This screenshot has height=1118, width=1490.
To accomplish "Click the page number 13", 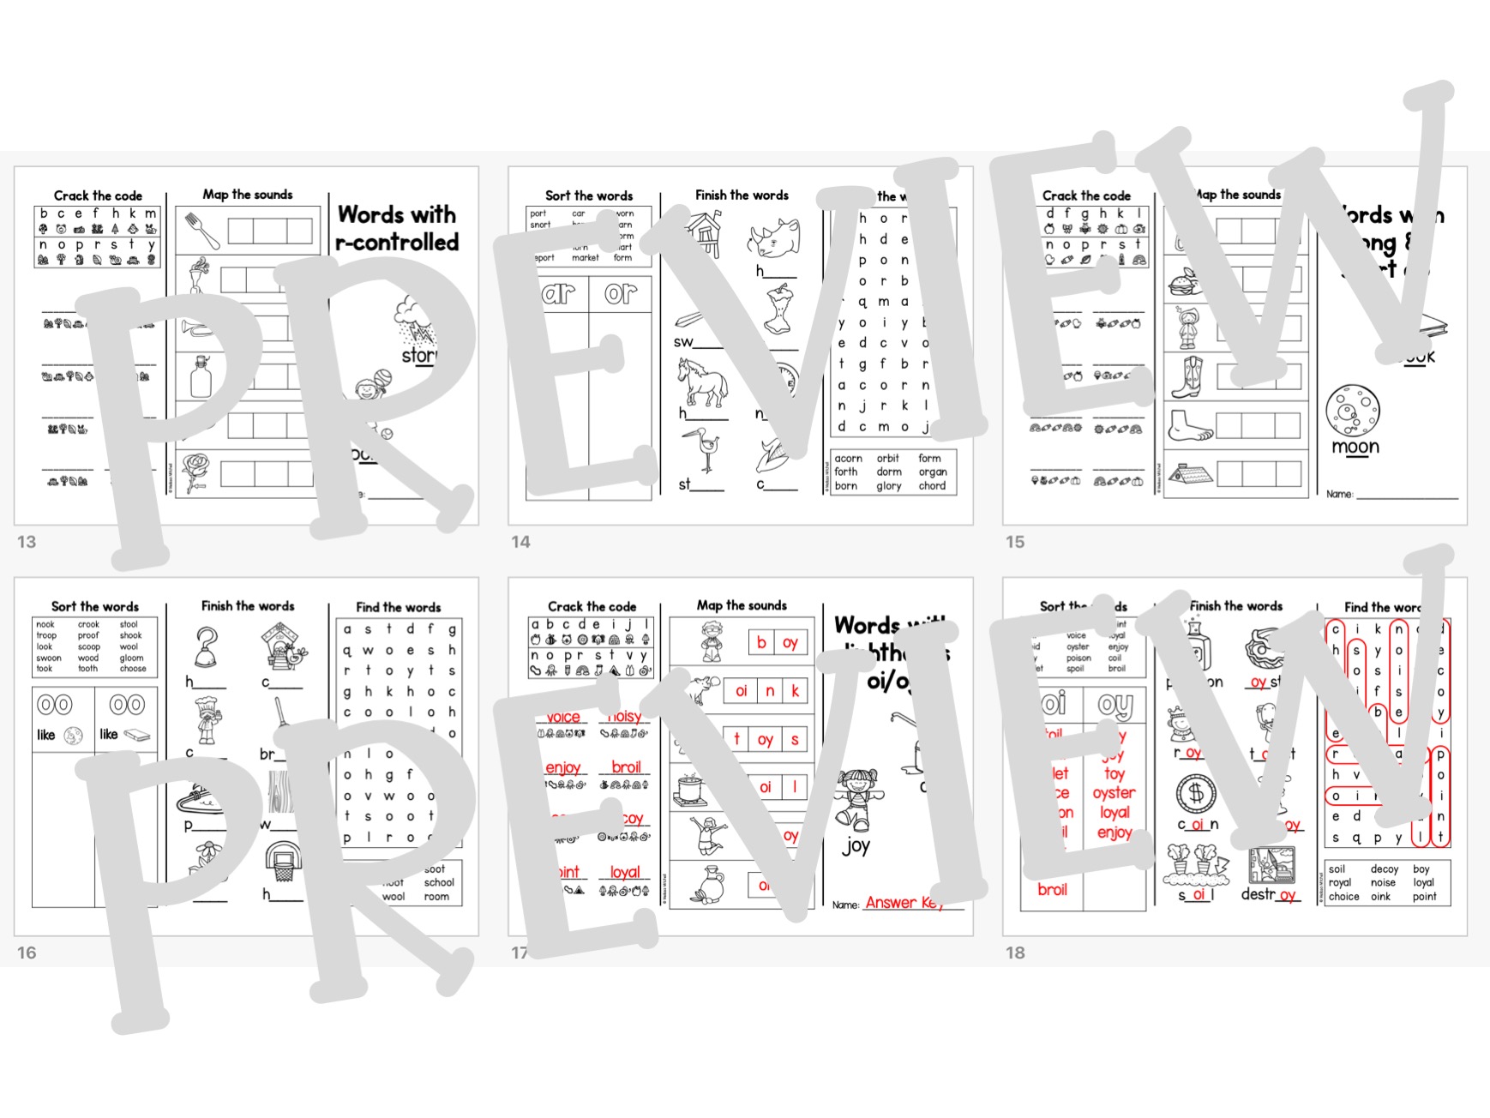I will pyautogui.click(x=27, y=542).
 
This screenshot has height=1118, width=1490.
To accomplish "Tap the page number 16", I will pyautogui.click(x=27, y=953).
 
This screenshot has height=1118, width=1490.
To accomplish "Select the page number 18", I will pyautogui.click(x=1015, y=953).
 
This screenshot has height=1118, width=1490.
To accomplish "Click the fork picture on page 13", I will pyautogui.click(x=202, y=230).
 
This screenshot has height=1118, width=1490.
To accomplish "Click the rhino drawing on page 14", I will pyautogui.click(x=774, y=237).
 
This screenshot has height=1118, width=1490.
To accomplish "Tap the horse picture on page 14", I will pyautogui.click(x=702, y=382).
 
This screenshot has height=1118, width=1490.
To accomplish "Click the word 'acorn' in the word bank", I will pyautogui.click(x=849, y=459).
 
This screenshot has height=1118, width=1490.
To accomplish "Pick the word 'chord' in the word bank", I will pyautogui.click(x=932, y=486).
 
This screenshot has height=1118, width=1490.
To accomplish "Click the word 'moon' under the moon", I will pyautogui.click(x=1355, y=447).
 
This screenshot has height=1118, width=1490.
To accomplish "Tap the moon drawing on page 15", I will pyautogui.click(x=1353, y=410).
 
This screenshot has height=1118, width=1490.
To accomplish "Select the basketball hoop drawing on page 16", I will pyautogui.click(x=283, y=861).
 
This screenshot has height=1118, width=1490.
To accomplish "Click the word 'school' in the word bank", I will pyautogui.click(x=439, y=882).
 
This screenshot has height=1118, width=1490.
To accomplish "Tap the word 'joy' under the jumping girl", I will pyautogui.click(x=856, y=846).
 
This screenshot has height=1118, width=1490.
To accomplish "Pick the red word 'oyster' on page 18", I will pyautogui.click(x=1114, y=793).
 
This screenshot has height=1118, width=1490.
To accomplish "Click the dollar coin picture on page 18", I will pyautogui.click(x=1195, y=793).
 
